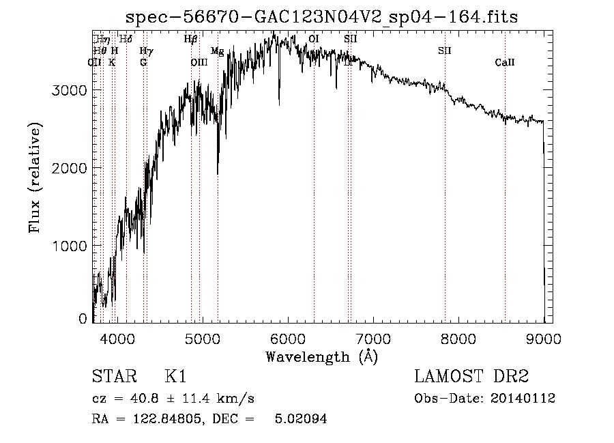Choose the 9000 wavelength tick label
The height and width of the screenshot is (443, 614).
point(544,337)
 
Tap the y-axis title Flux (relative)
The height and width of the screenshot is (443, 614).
point(35,177)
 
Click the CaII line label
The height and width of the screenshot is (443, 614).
point(505,63)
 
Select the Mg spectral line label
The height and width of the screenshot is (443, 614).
point(217,51)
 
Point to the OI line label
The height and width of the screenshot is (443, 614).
point(314,40)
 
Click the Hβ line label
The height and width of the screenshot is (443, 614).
point(190,40)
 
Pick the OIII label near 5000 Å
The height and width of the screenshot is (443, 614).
point(199,63)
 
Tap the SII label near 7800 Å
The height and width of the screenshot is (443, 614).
point(445,51)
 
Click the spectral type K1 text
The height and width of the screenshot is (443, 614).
point(175,377)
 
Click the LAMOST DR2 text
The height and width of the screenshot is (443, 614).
point(471,377)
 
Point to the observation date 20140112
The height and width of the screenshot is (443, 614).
point(523,399)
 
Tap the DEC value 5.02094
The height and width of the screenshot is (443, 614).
point(301,419)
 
